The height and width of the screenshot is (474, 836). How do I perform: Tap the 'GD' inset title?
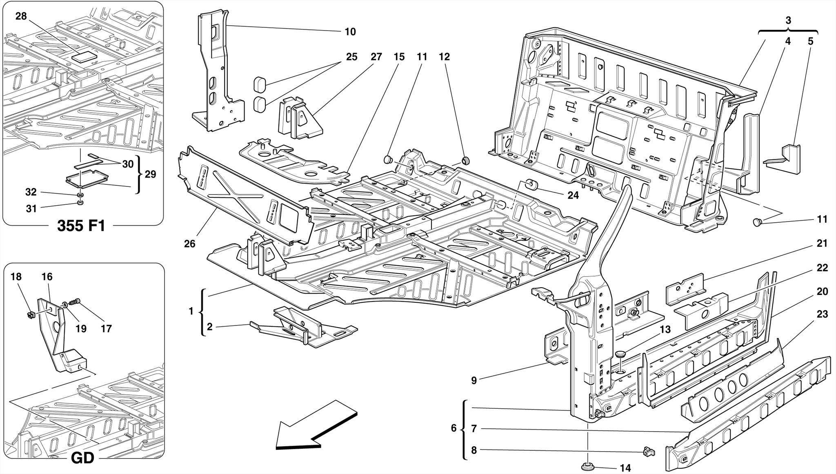click(82, 458)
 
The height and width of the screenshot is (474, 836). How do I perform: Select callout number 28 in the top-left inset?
click(21, 16)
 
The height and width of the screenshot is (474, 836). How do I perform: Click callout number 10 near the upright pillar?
click(350, 32)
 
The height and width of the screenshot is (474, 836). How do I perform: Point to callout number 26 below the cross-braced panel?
click(189, 244)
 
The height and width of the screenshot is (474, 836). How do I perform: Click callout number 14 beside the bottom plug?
click(625, 468)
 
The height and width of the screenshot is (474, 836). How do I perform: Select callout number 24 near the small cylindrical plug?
click(573, 195)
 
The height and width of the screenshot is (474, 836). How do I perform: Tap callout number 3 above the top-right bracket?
click(788, 20)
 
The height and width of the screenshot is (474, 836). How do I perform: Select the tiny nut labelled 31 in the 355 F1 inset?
click(80, 202)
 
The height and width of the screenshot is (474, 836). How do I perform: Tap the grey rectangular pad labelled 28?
click(84, 56)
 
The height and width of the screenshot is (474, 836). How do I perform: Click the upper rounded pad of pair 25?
click(260, 84)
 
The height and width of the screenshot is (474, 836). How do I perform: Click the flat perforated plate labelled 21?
click(685, 288)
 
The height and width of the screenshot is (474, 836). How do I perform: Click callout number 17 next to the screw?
click(106, 328)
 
